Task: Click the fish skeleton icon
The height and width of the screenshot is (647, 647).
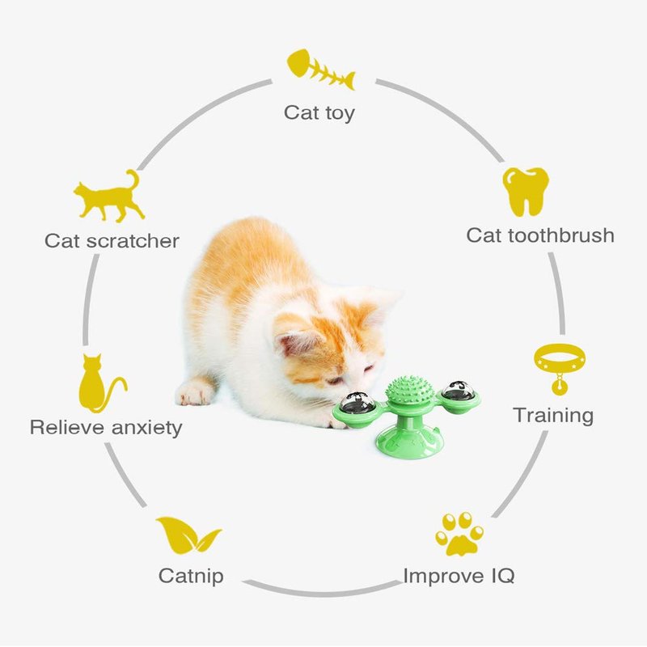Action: (x=320, y=70)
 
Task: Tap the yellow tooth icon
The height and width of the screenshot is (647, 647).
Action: (x=526, y=192)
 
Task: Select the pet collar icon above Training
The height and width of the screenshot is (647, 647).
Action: (x=559, y=368)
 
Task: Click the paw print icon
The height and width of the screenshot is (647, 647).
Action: (x=459, y=534)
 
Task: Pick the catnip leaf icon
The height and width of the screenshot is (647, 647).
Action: (x=188, y=535)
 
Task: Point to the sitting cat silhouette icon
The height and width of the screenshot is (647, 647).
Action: (x=101, y=383)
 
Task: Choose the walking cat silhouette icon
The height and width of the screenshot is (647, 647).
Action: (x=109, y=197)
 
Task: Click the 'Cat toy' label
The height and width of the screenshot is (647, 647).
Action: (x=319, y=112)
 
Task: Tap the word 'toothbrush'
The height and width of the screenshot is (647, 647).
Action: (x=560, y=235)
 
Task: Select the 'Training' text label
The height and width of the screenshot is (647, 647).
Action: (x=553, y=416)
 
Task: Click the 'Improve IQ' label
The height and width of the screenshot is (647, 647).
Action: (x=459, y=576)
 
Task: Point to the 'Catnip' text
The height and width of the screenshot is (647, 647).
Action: (x=191, y=576)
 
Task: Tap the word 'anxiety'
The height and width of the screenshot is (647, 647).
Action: (x=147, y=428)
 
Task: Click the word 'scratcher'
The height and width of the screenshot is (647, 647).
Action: (x=133, y=241)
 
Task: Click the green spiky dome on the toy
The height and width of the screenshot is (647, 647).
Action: (x=409, y=391)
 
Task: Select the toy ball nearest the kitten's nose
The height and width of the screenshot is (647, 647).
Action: (x=357, y=403)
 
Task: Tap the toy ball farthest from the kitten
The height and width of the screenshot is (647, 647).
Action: (x=459, y=391)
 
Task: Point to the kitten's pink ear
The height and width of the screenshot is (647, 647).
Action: (x=296, y=343)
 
